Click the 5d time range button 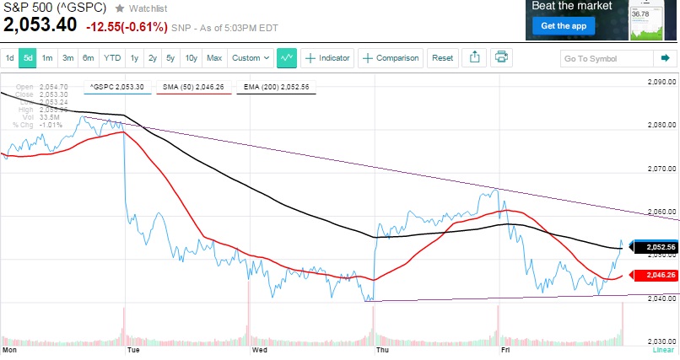click(28, 58)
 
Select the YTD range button click(111, 58)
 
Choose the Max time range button click(214, 58)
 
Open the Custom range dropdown click(251, 58)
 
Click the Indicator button click(327, 58)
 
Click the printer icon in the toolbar click(501, 57)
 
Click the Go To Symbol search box click(606, 58)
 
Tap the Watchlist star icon click(120, 8)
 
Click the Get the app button click(563, 26)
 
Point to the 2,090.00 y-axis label click(662, 83)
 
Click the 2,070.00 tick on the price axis click(662, 169)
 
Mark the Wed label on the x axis click(259, 348)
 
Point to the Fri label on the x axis click(506, 348)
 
